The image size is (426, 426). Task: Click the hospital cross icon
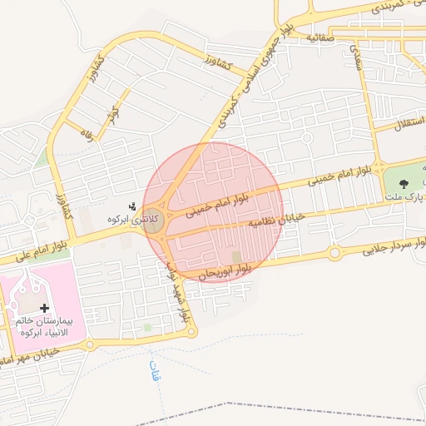click(x=44, y=308)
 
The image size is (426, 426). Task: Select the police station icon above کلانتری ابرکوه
click(x=131, y=206)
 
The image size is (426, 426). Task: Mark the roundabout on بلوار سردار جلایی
click(x=334, y=252)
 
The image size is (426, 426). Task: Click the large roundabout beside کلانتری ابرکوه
click(x=152, y=221)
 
